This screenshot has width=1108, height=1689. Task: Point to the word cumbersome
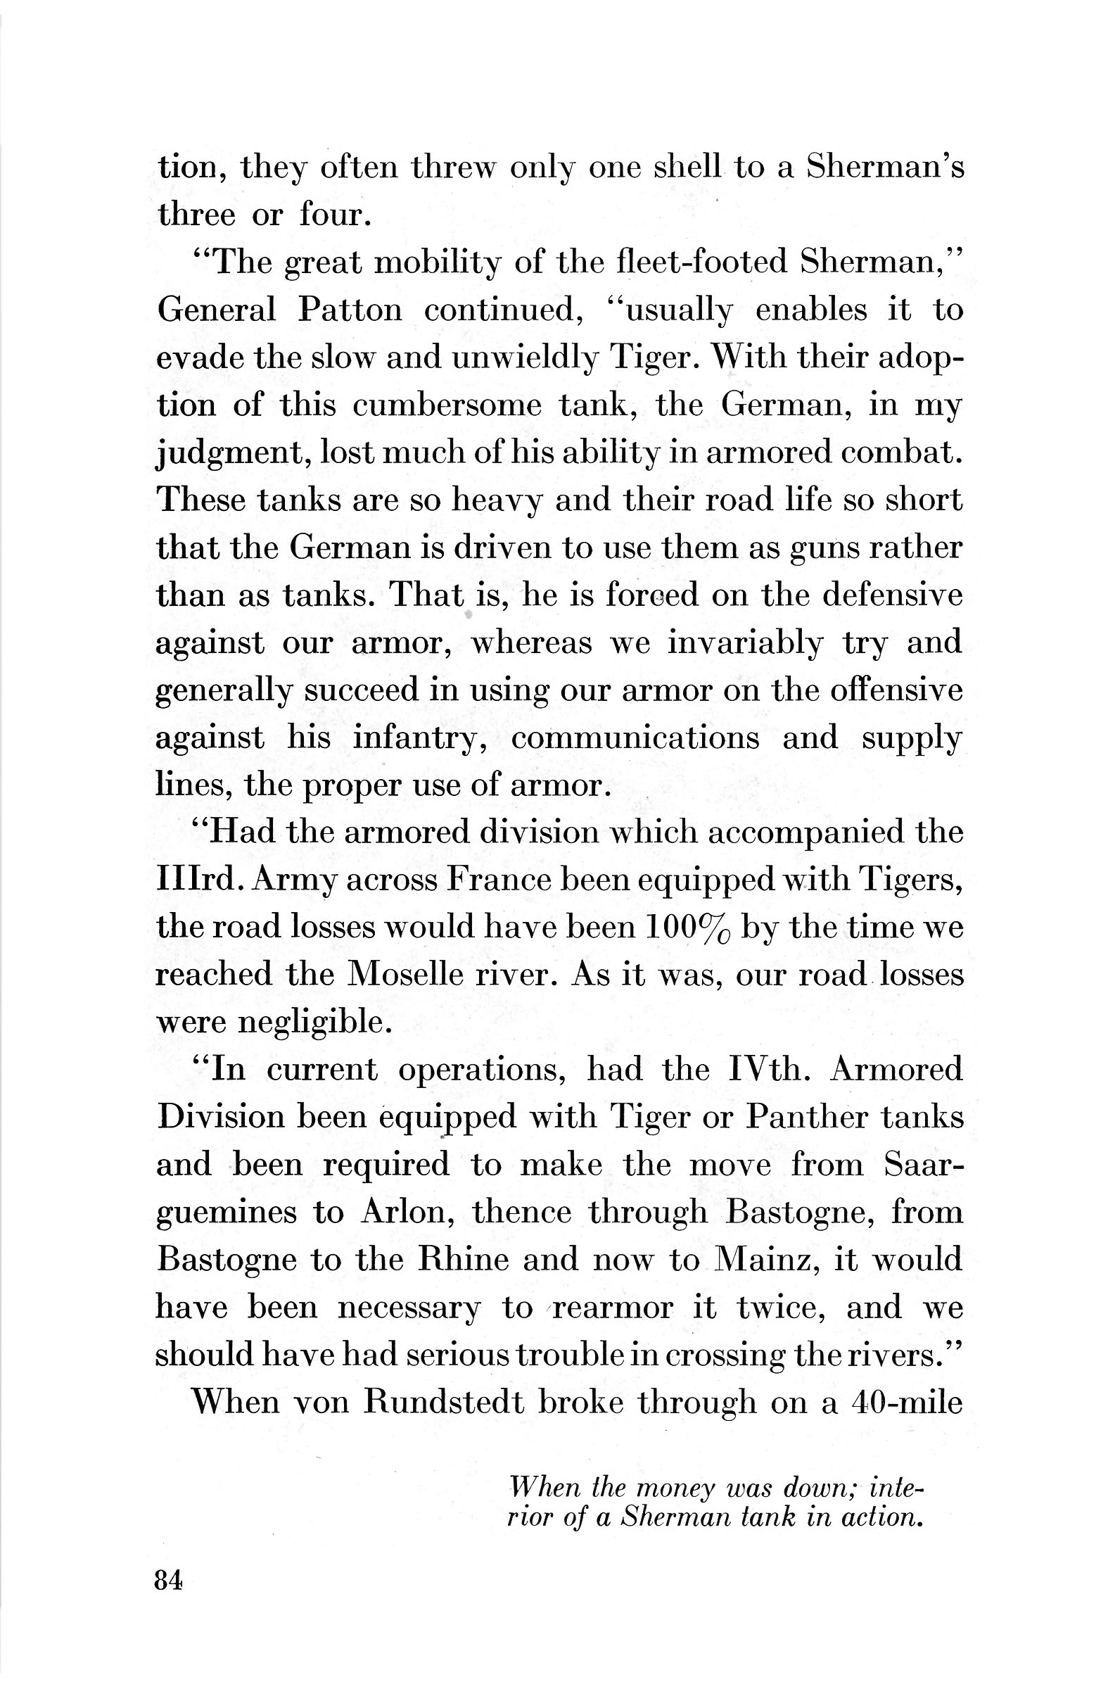[447, 405]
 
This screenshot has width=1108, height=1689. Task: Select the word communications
[635, 738]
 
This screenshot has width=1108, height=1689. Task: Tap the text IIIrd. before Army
[200, 880]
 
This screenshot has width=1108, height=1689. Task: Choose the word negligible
[313, 1023]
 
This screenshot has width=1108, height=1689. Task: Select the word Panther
[805, 1117]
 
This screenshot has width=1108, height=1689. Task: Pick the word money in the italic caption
[674, 1487]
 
